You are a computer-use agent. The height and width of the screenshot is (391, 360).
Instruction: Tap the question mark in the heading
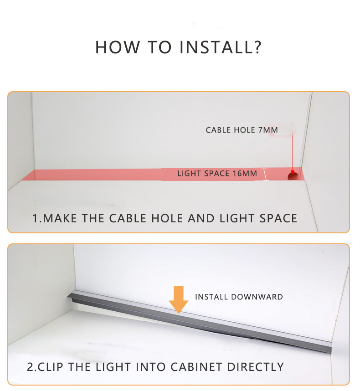[x=256, y=47]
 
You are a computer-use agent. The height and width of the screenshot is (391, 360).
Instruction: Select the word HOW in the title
[x=118, y=47]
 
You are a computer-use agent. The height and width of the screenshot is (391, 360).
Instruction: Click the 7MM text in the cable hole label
[x=268, y=130]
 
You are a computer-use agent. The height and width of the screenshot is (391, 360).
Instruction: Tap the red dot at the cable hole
[x=293, y=172]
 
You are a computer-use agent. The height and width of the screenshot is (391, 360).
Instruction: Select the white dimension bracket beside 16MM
[x=265, y=174]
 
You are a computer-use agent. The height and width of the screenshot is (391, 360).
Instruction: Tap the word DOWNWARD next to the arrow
[x=257, y=297]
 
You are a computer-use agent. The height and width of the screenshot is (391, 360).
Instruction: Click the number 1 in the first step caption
[x=35, y=218]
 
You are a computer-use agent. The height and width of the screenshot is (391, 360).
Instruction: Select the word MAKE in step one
[x=60, y=218]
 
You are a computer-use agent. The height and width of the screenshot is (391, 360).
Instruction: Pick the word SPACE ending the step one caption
[x=278, y=218]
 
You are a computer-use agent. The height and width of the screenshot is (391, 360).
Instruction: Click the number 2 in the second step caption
[x=30, y=367]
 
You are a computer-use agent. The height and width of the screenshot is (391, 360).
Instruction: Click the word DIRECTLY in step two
[x=256, y=367]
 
